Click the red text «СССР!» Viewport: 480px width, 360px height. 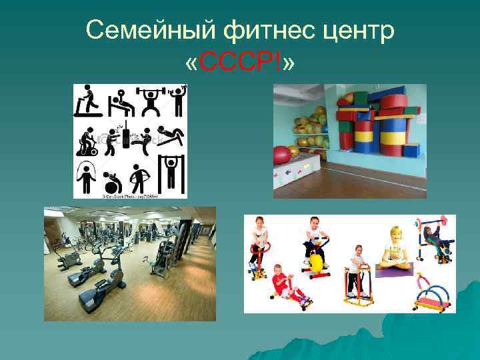coord(241,63)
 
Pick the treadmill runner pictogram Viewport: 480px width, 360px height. coord(86,101)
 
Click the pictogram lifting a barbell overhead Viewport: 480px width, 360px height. coord(149,101)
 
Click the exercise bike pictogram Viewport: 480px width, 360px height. coord(87,139)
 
